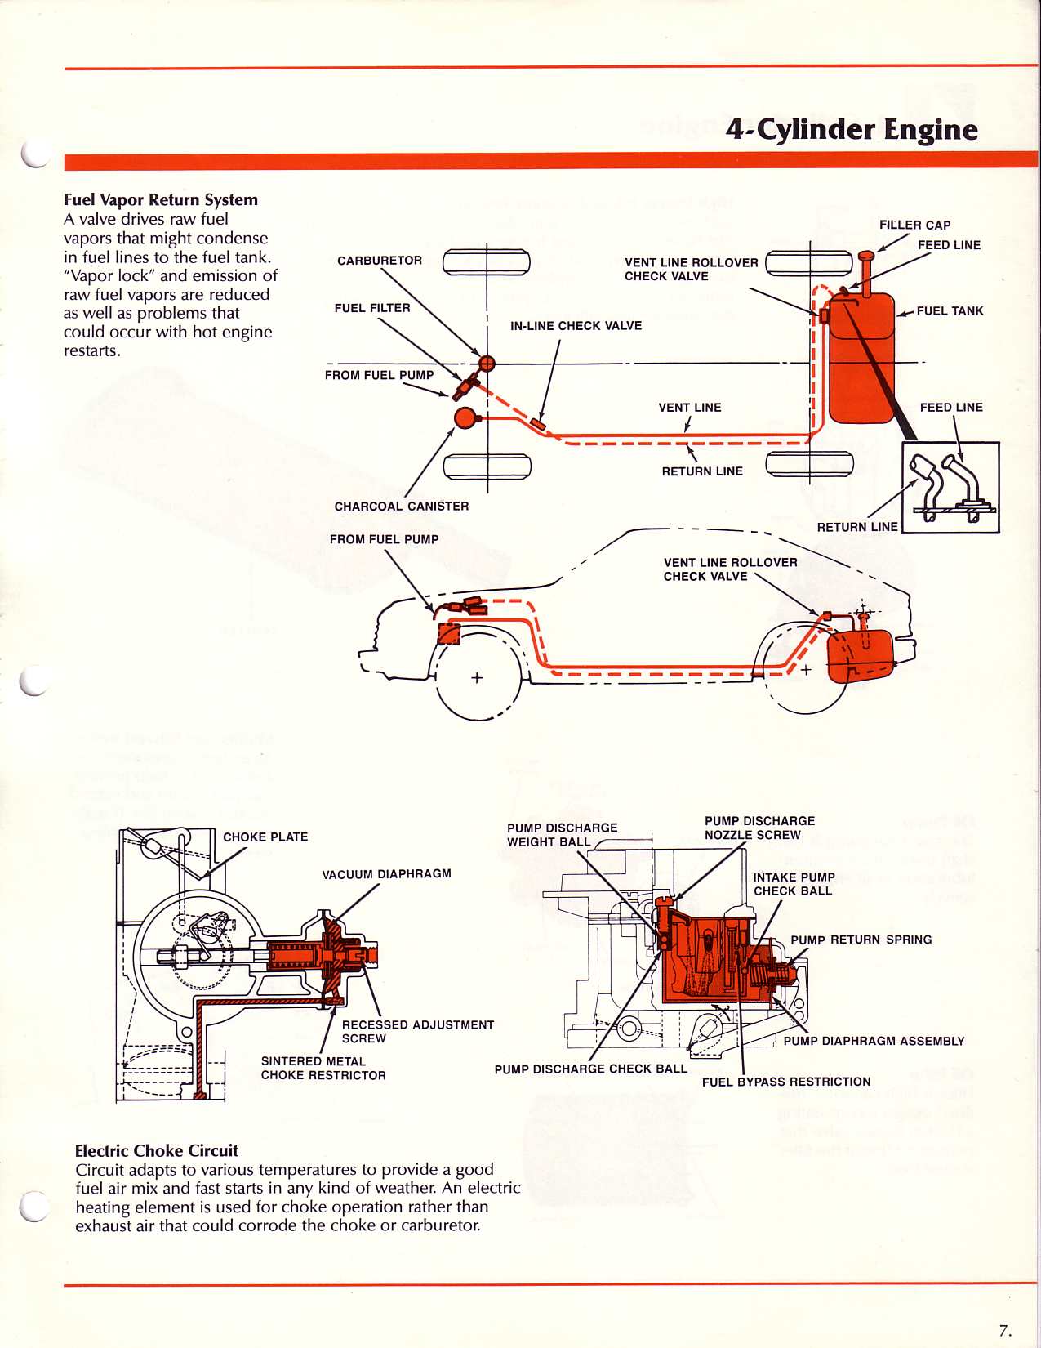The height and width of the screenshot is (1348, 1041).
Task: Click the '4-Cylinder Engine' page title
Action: [x=852, y=130]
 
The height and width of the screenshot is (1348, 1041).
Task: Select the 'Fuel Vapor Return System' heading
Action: [x=161, y=200]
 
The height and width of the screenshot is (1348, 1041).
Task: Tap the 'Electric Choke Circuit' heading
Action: [x=156, y=1151]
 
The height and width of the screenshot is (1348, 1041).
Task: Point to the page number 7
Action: [x=1005, y=1330]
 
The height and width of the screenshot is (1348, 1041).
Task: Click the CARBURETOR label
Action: [x=380, y=261]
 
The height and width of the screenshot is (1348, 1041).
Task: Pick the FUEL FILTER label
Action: [x=372, y=308]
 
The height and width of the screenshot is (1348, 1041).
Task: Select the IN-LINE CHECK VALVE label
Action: [x=576, y=326]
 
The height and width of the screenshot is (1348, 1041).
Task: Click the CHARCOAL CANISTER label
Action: [x=402, y=507]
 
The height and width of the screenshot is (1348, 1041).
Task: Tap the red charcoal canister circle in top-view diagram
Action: [x=465, y=417]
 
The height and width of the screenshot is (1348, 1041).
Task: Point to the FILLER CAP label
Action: [x=914, y=225]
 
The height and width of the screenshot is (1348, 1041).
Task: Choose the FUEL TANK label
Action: [x=950, y=311]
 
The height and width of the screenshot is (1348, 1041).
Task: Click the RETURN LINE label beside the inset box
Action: [x=857, y=528]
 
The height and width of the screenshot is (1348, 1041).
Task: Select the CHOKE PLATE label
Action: [x=265, y=837]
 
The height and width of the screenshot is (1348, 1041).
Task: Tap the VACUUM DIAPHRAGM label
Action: [x=386, y=874]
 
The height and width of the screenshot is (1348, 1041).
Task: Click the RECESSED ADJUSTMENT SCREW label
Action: [x=417, y=1032]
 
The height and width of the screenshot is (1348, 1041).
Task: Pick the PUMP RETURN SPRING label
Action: [x=861, y=940]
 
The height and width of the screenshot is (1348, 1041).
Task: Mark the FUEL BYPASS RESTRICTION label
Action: [x=786, y=1082]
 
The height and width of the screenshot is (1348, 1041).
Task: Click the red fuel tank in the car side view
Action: [x=859, y=654]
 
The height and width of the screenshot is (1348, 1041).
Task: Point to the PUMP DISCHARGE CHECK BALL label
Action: [x=590, y=1069]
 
